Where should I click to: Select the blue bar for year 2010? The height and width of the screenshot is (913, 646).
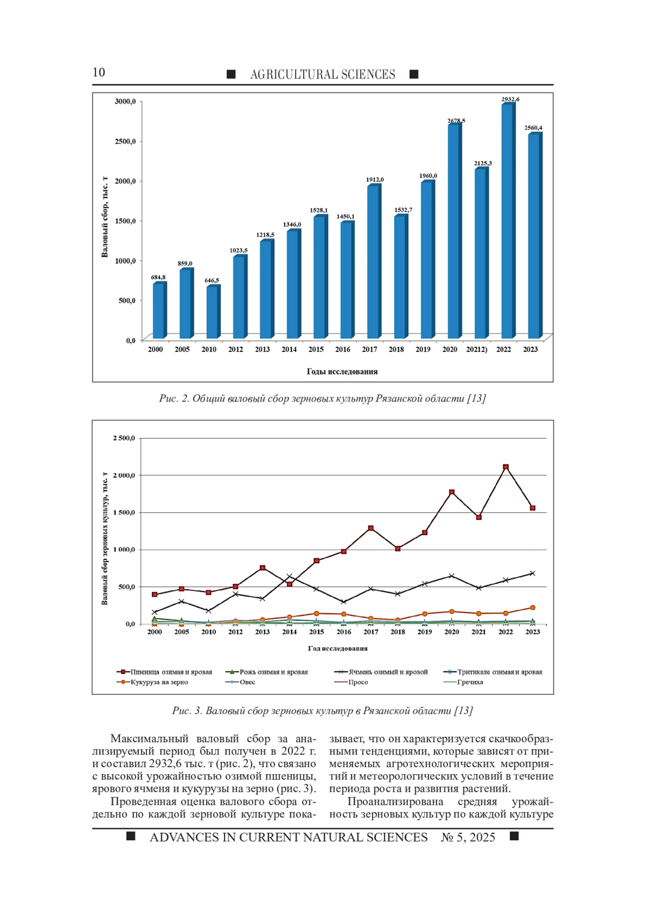point(213,312)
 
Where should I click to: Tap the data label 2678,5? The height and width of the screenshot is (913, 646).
point(456,121)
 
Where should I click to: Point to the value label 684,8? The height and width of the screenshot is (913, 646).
point(158,277)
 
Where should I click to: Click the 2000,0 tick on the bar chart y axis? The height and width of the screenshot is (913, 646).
point(125,181)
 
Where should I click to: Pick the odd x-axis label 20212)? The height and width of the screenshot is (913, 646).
point(477,349)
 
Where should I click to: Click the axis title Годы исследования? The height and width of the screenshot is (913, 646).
point(342,371)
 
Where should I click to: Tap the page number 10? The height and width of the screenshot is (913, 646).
point(99,72)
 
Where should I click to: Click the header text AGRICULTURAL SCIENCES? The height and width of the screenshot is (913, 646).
point(322,75)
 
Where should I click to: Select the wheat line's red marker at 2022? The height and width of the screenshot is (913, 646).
point(505,466)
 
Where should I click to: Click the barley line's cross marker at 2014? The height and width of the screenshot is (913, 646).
point(290,576)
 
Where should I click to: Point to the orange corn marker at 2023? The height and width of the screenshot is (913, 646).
point(532,607)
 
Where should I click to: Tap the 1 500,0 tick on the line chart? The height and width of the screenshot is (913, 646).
point(124,512)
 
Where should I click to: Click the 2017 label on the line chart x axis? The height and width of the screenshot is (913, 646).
point(370,632)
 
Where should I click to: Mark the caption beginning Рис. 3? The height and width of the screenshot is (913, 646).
point(322,710)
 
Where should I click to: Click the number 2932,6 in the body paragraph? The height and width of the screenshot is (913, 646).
point(166,763)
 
